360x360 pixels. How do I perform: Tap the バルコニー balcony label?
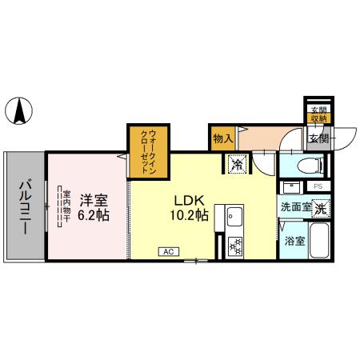point(25,206)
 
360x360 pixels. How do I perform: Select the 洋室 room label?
point(93,198)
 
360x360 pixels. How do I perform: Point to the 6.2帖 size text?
point(94,215)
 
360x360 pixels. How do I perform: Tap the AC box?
point(169,251)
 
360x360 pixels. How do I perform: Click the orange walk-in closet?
point(148,151)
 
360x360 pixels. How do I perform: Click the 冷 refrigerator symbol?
point(238,164)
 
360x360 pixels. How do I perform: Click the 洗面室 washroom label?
point(294,208)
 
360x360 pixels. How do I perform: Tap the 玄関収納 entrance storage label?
point(318,114)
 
